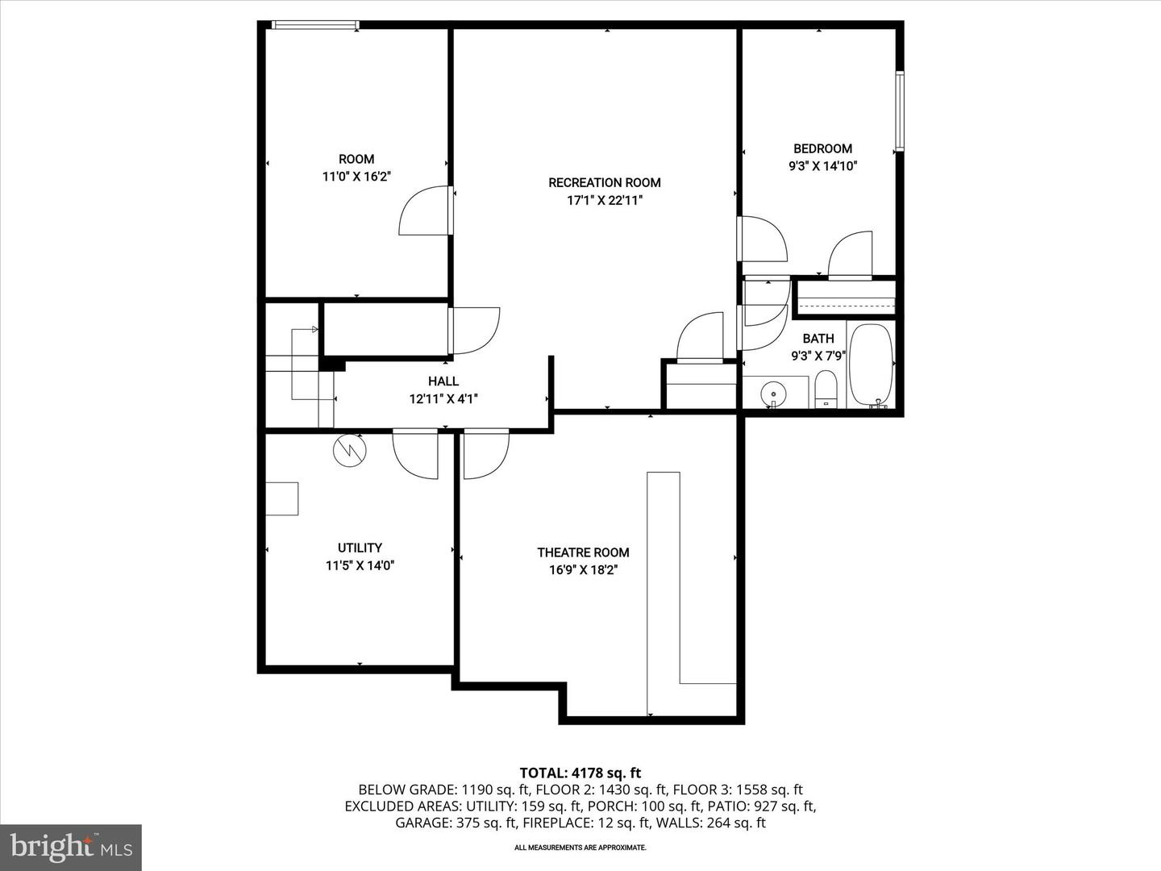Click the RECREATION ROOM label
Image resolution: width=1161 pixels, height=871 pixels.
click(604, 183)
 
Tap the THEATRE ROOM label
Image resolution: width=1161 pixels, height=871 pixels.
click(584, 552)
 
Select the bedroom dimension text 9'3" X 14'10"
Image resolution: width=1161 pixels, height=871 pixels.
click(822, 166)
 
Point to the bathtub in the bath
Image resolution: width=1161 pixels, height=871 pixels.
click(871, 366)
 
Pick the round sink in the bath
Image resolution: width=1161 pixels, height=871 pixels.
click(773, 394)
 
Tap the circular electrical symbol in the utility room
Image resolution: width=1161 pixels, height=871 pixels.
click(350, 450)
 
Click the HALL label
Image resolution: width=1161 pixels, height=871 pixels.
click(443, 381)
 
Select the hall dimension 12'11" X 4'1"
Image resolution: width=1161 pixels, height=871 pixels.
click(443, 399)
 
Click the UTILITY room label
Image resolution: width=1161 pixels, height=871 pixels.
click(360, 548)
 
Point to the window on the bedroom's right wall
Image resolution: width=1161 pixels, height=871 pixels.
click(899, 111)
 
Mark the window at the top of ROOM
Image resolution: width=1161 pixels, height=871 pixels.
click(316, 24)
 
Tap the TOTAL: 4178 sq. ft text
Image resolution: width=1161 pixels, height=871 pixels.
click(580, 773)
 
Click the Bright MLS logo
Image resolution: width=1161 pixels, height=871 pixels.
click(71, 847)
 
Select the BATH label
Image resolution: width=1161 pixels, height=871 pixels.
click(818, 339)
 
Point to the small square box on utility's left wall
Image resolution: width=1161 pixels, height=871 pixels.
click(282, 498)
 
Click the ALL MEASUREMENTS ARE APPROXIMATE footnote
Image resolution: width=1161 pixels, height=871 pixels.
click(580, 848)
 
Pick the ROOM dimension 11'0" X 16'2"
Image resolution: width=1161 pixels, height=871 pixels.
click(356, 177)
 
